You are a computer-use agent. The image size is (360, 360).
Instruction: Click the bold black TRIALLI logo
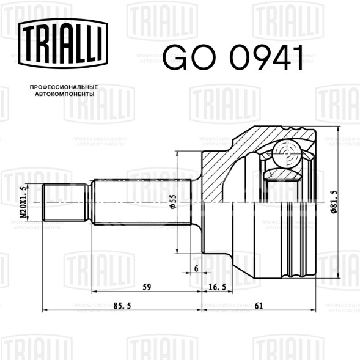[x=63, y=43]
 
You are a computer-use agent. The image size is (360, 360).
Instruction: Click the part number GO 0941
[x=233, y=57]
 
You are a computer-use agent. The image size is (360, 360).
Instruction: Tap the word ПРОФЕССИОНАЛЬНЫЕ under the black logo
[x=64, y=87]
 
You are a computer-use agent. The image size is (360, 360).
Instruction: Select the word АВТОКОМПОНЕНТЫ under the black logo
[x=65, y=94]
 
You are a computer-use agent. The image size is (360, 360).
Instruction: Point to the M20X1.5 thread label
[x=23, y=202]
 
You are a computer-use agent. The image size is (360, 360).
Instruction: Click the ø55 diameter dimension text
[x=173, y=202]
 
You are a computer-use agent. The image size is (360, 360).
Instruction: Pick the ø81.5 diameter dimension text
[x=334, y=202]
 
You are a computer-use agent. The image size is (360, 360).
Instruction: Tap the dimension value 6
[x=196, y=268]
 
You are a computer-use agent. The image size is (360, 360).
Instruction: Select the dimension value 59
[x=147, y=287]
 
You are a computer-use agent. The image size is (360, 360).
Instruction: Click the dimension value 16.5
[x=218, y=287]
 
